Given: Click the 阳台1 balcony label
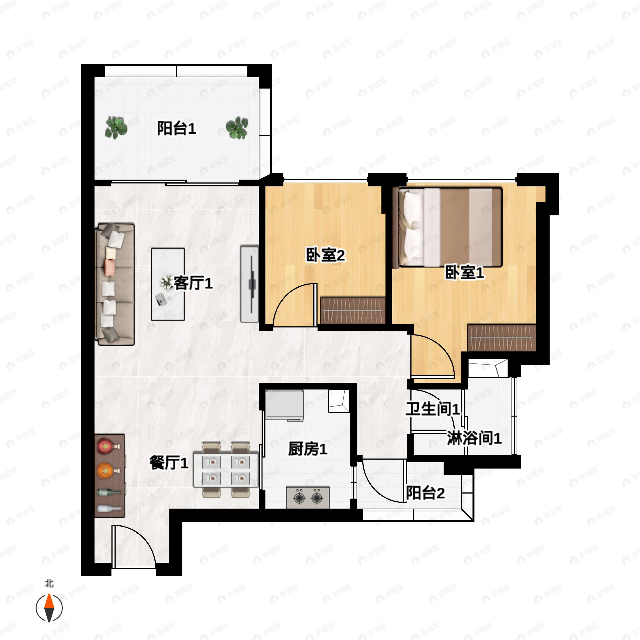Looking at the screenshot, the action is click(177, 129).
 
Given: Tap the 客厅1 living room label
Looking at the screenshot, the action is click(193, 283).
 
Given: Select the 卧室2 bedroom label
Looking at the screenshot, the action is click(325, 255).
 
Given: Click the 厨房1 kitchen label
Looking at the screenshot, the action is click(308, 449).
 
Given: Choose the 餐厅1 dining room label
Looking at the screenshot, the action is click(169, 462).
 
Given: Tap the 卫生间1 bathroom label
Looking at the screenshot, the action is click(433, 409).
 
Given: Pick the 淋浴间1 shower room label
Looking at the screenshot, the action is click(474, 438).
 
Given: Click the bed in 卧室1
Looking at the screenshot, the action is click(447, 227).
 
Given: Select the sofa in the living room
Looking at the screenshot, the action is click(115, 284).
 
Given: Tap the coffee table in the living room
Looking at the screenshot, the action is click(168, 284).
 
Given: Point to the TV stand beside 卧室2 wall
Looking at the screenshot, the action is click(249, 284).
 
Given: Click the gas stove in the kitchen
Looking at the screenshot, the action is click(308, 497).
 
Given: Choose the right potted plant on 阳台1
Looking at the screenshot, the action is click(237, 127).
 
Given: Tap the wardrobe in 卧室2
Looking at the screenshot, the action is click(353, 310).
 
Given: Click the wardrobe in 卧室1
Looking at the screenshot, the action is click(502, 338).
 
